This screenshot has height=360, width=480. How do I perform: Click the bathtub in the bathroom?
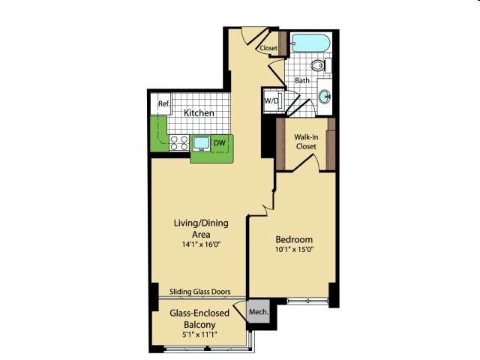pos(310,43)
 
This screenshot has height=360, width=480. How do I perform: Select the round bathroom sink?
pos(325,97)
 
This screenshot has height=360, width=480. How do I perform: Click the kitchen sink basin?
pos(202,143)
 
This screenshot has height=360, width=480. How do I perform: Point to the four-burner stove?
pos(179,143)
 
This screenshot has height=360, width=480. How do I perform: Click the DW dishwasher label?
pos(219,142)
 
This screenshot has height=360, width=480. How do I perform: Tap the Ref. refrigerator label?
pos(164,103)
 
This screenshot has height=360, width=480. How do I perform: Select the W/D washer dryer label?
pos(271,100)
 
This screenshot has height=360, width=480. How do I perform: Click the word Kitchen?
pos(199,112)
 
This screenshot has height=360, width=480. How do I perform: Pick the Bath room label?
pos(302,80)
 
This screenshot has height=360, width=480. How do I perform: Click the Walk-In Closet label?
pos(306,142)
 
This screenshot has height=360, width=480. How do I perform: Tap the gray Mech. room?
pos(259,311)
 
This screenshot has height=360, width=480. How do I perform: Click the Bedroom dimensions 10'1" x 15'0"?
pos(295,249)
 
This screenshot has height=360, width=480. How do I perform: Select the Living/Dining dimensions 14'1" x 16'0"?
pos(201,244)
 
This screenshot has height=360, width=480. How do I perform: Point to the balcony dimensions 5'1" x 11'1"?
pos(199,334)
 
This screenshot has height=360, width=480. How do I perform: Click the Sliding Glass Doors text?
pos(200,292)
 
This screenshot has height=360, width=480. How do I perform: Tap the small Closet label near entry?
pos(268,48)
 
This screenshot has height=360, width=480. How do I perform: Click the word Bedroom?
pos(294,239)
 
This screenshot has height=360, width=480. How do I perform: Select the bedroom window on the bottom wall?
pos(307,301)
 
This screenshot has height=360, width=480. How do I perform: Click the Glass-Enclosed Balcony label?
pos(199,319)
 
